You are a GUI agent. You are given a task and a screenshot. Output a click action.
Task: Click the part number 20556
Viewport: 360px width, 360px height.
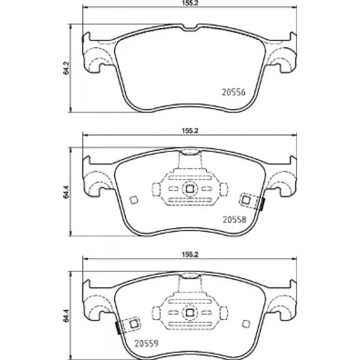tap(234, 92)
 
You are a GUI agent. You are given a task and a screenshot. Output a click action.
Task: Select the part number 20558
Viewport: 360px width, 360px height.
tap(234, 220)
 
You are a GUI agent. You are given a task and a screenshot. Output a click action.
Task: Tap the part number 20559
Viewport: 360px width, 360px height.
tap(147, 343)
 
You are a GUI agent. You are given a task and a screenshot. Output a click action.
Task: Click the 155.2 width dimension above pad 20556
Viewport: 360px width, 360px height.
tap(190, 3)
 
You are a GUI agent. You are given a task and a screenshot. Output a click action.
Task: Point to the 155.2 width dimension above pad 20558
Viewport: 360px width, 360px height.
tap(190, 131)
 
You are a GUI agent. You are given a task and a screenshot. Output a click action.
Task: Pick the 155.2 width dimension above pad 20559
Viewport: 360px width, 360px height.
tap(190, 254)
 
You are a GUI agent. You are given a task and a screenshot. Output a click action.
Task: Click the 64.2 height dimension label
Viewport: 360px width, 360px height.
tap(66, 68)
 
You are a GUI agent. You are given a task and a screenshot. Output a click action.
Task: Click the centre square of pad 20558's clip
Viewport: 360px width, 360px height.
tap(189, 189)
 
